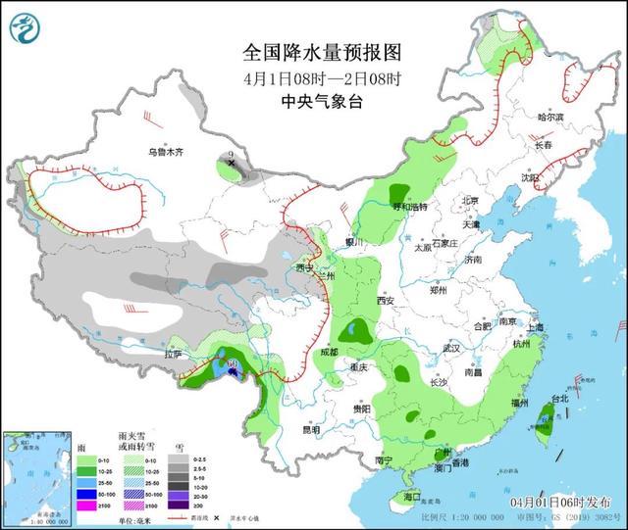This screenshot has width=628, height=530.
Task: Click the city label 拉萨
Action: click(174, 354)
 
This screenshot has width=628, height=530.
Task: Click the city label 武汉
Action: click(451, 348)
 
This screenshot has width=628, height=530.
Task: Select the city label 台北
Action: click(558, 399)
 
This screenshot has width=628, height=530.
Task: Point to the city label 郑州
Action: click(438, 291)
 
